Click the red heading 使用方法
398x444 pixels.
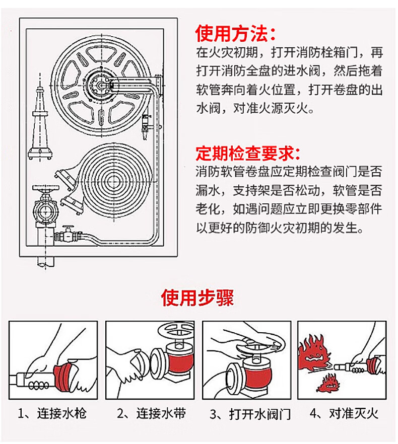[x=236, y=34]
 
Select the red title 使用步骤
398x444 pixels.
[x=198, y=298]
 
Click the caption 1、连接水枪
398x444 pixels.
[x=52, y=414]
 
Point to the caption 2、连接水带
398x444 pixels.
[x=152, y=414]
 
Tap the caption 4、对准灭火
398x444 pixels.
[x=344, y=414]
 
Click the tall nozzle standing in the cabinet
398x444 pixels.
[x=39, y=121]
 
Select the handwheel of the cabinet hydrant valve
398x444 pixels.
[x=44, y=190]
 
